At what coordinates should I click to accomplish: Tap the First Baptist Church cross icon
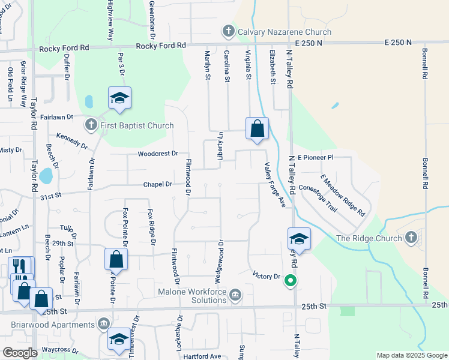point(91,125)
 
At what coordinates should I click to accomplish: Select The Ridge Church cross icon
point(411,238)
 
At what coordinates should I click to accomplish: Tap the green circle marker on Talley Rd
point(291,280)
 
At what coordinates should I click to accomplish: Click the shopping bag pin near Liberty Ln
point(257,128)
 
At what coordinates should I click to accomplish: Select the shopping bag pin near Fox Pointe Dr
point(116,260)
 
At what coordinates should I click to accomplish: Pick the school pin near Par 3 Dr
point(120,98)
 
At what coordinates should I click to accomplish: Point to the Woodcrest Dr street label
point(158,154)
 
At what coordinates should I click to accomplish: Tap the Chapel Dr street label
point(157,184)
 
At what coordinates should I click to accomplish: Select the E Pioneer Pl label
point(315,157)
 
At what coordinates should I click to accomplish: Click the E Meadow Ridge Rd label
point(343,196)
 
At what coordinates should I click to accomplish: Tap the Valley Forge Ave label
point(274,187)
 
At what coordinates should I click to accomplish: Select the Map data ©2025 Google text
point(411,355)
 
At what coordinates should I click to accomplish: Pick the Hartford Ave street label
point(202,356)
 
